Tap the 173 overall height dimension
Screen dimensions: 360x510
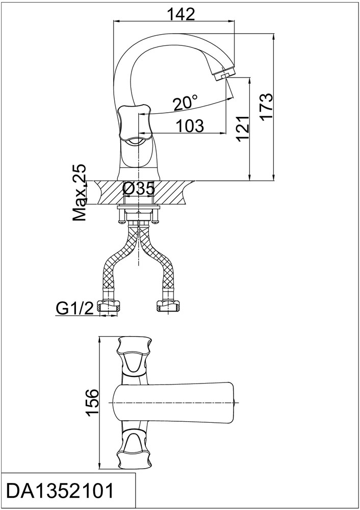(267, 107)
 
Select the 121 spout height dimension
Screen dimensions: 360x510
(243, 127)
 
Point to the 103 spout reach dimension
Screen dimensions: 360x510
(190, 125)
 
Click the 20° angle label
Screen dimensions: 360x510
(185, 103)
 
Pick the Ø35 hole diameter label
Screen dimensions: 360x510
(139, 189)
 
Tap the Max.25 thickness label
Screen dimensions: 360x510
(80, 192)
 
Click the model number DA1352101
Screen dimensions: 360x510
(61, 491)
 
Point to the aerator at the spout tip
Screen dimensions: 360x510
(222, 73)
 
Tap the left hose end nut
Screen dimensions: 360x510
(109, 307)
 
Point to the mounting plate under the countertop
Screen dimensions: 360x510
(139, 207)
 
